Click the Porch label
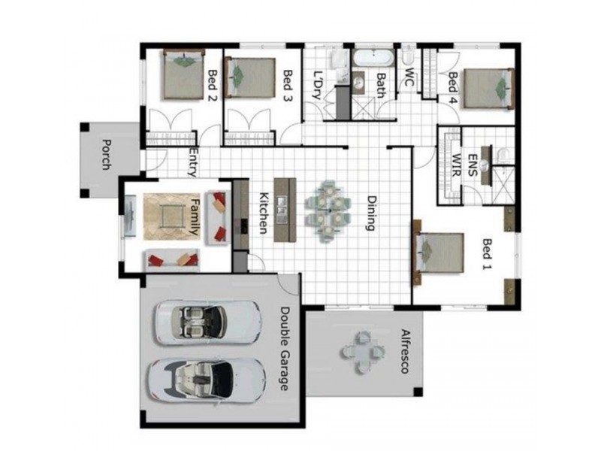coord(106,156)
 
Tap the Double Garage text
coord(285,348)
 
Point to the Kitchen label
coord(264,213)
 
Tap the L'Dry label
coord(319,86)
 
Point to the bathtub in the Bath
coord(373,57)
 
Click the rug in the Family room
coord(167,216)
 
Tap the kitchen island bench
coord(282,210)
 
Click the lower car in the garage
coord(208,378)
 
